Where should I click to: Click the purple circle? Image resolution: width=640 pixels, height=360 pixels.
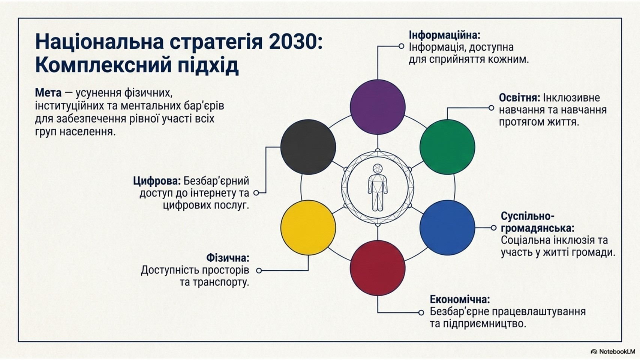click(x=378, y=107)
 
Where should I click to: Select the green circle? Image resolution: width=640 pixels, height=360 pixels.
click(x=447, y=147)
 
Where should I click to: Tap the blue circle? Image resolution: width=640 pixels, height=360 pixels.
click(x=447, y=228)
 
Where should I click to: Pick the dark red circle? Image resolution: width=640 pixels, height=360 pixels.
click(x=378, y=268)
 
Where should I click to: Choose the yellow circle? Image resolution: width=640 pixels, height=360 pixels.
click(x=308, y=228)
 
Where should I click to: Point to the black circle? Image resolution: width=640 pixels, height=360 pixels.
click(x=308, y=147)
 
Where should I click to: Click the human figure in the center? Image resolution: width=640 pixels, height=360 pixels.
click(x=378, y=187)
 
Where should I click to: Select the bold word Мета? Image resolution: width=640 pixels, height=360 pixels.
click(x=48, y=93)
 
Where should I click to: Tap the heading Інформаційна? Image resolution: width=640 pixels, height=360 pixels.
click(x=445, y=35)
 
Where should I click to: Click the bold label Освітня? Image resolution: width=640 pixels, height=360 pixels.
click(x=520, y=98)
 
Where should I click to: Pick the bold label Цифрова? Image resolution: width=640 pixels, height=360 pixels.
click(x=157, y=181)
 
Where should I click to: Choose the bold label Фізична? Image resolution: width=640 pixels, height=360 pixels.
click(x=228, y=258)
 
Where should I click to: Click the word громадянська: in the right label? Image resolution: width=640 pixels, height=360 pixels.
click(x=537, y=229)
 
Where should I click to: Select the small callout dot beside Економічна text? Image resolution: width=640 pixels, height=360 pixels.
click(x=421, y=313)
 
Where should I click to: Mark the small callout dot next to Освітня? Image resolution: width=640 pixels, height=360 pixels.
click(x=491, y=108)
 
